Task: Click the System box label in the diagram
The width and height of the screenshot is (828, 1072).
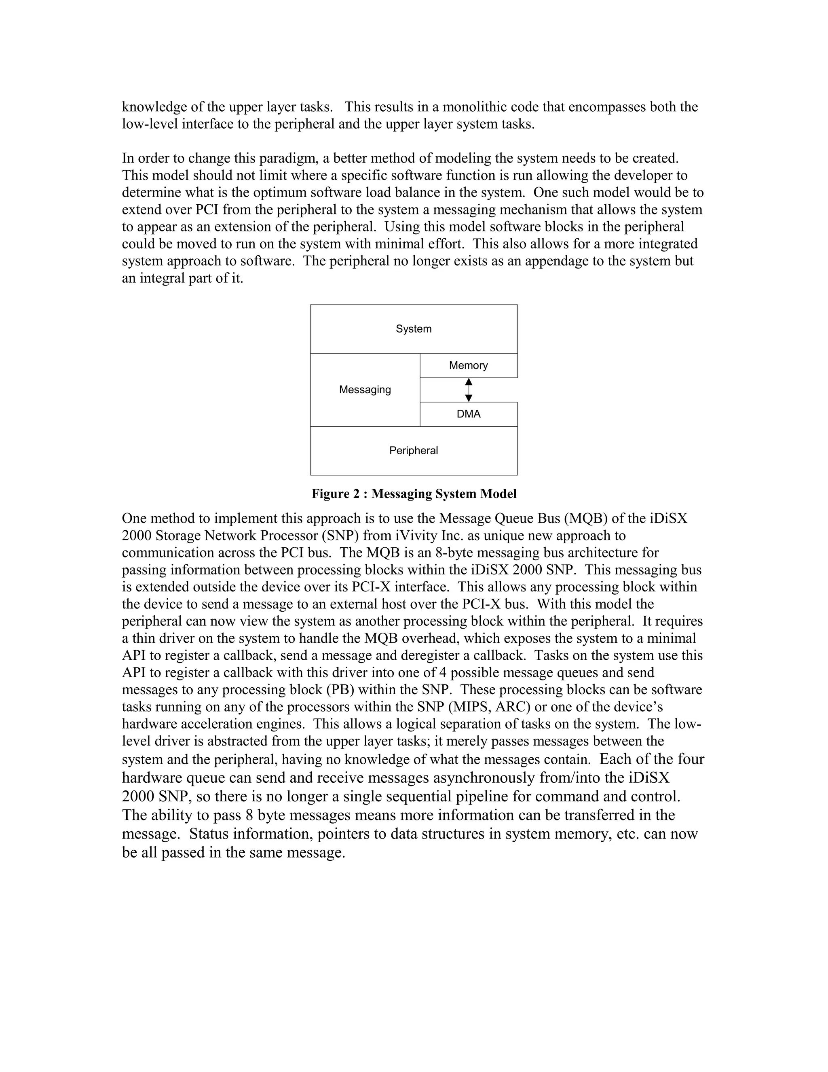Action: pyautogui.click(x=414, y=329)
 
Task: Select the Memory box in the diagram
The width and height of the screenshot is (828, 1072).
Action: pyautogui.click(x=469, y=365)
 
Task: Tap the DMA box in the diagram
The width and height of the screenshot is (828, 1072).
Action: pyautogui.click(x=469, y=414)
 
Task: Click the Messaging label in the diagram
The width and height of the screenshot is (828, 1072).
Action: pyautogui.click(x=365, y=390)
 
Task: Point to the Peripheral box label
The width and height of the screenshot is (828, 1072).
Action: pyautogui.click(x=414, y=451)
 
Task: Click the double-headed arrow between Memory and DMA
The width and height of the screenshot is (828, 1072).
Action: pyautogui.click(x=469, y=390)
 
